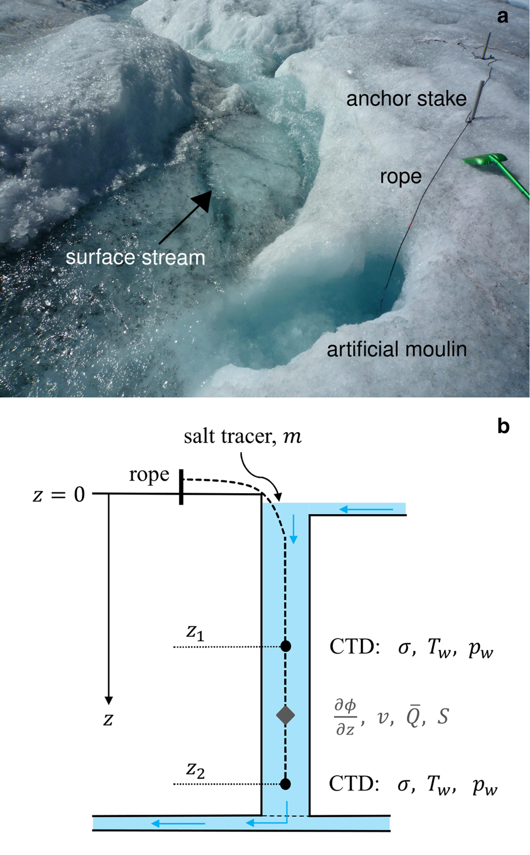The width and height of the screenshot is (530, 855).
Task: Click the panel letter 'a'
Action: [x=502, y=17]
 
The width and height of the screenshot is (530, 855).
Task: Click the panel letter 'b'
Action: [x=503, y=426]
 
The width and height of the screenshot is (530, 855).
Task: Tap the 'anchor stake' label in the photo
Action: [x=406, y=99]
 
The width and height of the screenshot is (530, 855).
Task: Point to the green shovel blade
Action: [x=486, y=160]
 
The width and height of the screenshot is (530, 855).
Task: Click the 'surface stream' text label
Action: [x=135, y=257]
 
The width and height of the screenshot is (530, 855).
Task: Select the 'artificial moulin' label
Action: [x=397, y=349]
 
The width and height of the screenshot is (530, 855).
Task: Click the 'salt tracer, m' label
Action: [x=242, y=437]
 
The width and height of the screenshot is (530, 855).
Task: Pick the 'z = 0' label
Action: [x=59, y=494]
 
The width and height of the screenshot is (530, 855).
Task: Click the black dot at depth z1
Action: [x=286, y=646]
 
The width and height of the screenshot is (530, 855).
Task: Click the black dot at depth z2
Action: [x=286, y=784]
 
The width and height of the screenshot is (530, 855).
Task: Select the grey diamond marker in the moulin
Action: [x=286, y=715]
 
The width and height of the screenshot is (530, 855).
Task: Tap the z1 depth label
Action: [x=195, y=632]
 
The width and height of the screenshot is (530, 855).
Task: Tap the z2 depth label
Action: [x=195, y=770]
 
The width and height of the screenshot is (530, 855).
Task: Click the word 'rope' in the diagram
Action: [x=149, y=474]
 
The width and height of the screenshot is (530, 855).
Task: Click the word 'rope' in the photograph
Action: [x=401, y=177]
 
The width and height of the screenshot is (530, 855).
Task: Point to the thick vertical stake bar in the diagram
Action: [x=181, y=487]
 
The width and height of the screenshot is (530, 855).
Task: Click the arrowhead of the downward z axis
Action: [x=108, y=700]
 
